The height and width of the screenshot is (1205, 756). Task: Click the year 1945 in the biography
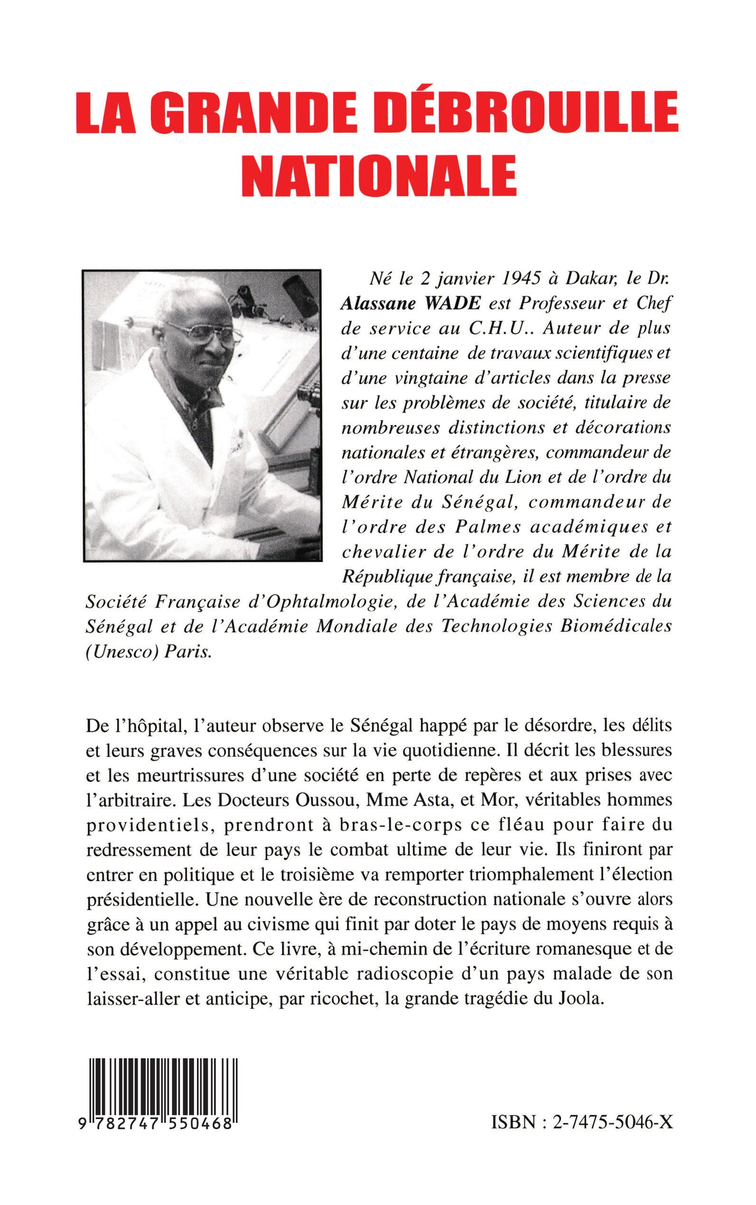[517, 280]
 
